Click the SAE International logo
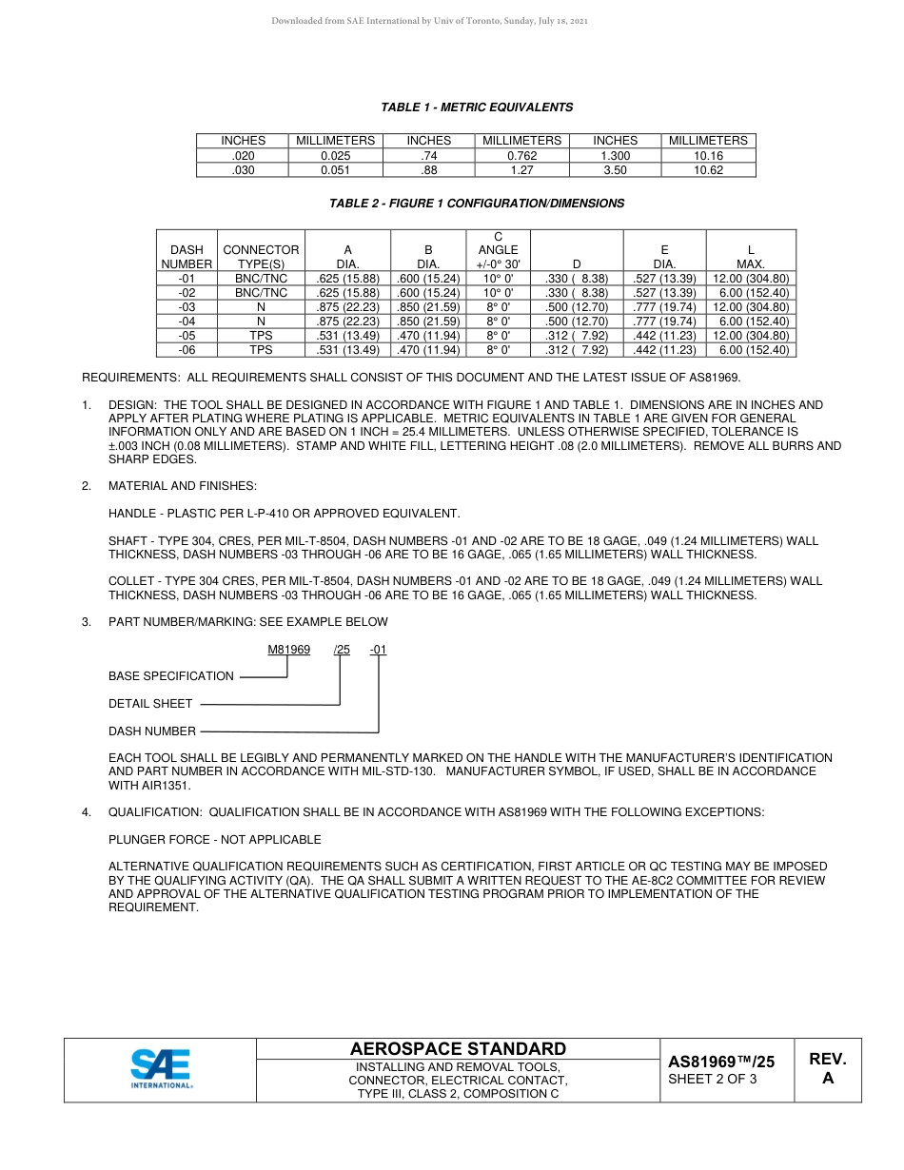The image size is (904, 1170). pyautogui.click(x=161, y=1068)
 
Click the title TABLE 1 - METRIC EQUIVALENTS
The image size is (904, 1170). pyautogui.click(x=477, y=107)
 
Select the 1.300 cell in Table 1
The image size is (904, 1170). pyautogui.click(x=615, y=155)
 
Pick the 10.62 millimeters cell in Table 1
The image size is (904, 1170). pyautogui.click(x=708, y=170)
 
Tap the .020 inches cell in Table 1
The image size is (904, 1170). pyautogui.click(x=243, y=155)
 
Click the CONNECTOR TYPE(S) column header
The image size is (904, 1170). pyautogui.click(x=261, y=257)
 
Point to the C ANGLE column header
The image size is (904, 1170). pyautogui.click(x=498, y=249)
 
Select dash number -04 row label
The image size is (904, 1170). pyautogui.click(x=187, y=322)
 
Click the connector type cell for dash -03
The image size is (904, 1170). pyautogui.click(x=261, y=307)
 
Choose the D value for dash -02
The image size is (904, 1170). pyautogui.click(x=576, y=293)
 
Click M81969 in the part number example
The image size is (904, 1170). pyautogui.click(x=288, y=650)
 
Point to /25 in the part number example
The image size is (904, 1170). pyautogui.click(x=342, y=650)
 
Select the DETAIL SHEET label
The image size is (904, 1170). pyautogui.click(x=150, y=704)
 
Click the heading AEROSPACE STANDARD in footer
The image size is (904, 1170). pyautogui.click(x=458, y=1049)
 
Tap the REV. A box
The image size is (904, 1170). pyautogui.click(x=827, y=1069)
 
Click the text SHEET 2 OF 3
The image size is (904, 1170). pyautogui.click(x=713, y=1079)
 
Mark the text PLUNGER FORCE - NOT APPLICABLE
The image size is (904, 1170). pyautogui.click(x=215, y=840)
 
